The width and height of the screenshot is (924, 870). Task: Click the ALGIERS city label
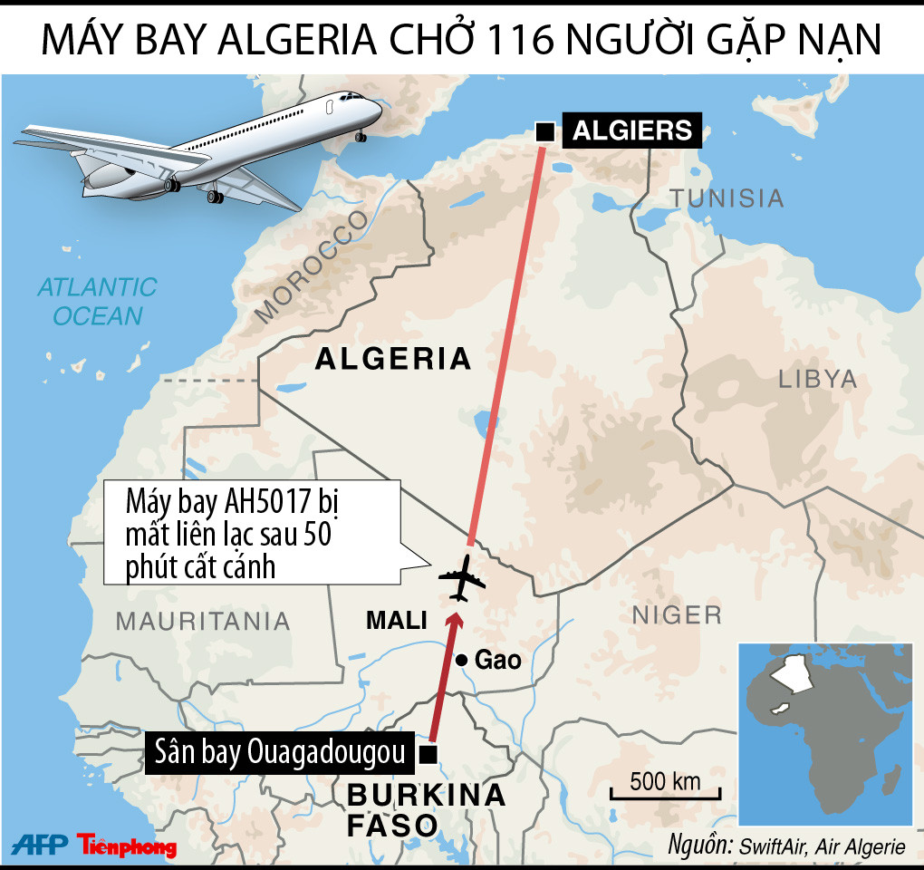point(631,130)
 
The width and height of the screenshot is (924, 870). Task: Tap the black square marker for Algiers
point(545,132)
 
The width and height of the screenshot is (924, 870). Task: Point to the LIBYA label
point(817,379)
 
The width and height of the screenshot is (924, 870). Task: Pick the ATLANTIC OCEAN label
point(97,302)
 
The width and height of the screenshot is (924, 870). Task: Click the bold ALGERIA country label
point(393,359)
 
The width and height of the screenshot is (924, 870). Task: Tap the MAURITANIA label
point(203,622)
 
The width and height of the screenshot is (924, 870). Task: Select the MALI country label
point(396,621)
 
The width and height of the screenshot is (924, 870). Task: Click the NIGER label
point(677,615)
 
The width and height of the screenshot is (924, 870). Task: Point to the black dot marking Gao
point(461,661)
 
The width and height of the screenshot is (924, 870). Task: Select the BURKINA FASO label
point(426,809)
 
